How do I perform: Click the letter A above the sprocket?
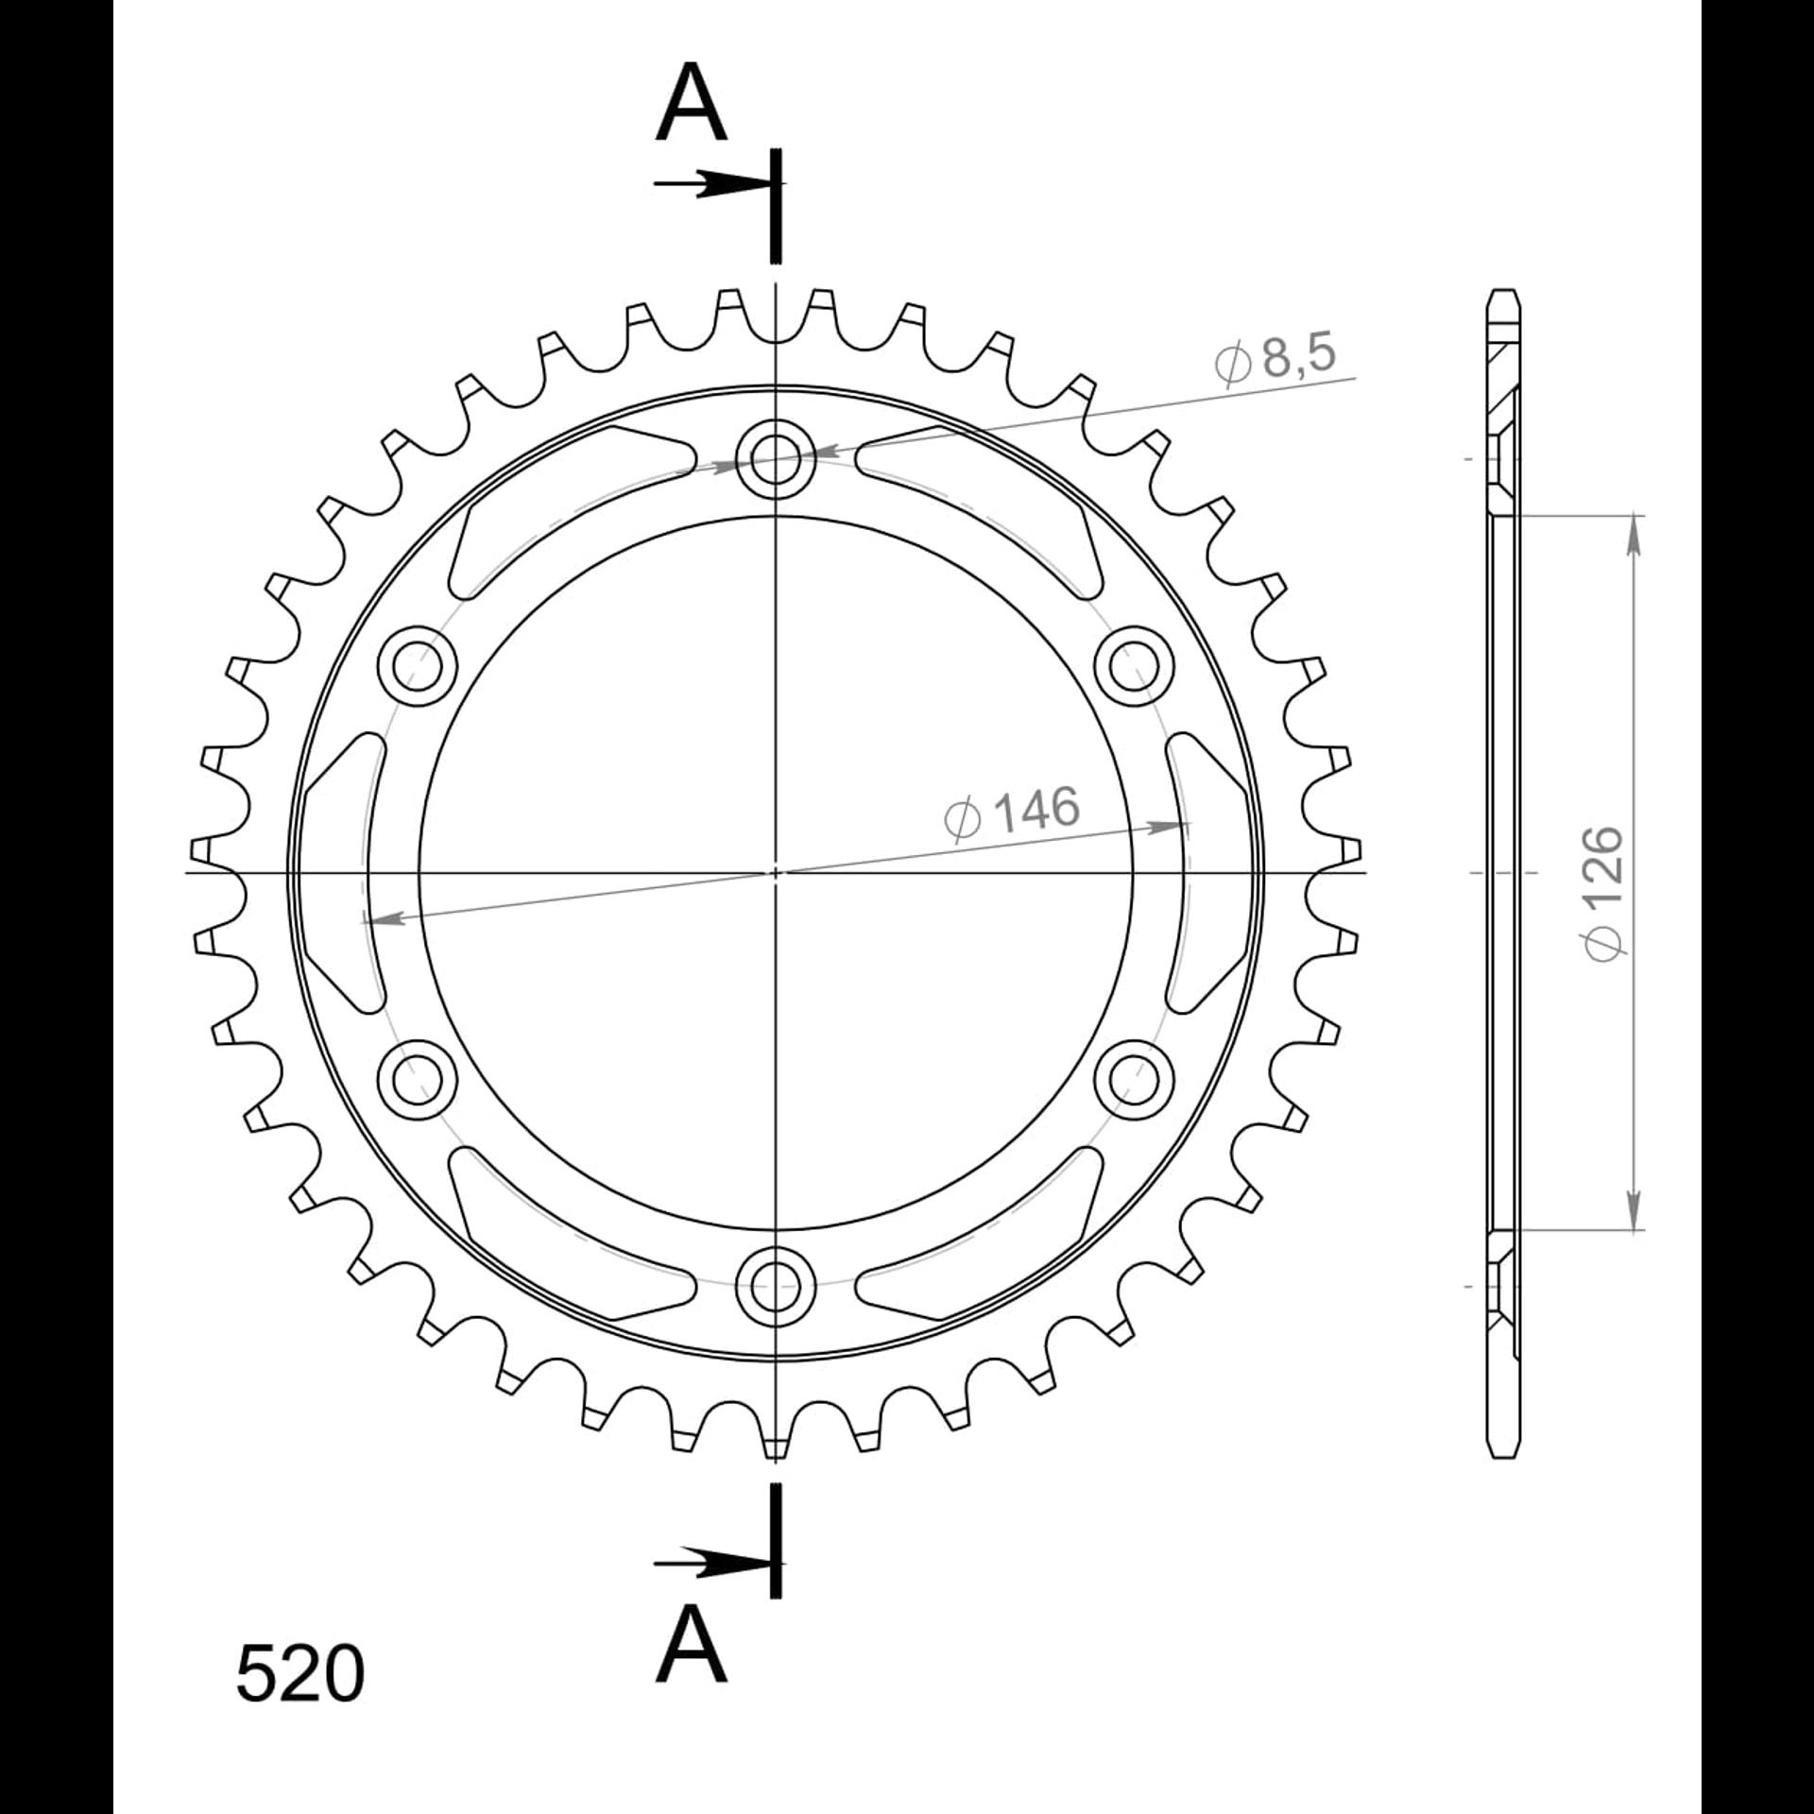coord(691,103)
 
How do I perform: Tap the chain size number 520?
coord(299,1701)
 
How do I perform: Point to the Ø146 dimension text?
coord(1012,812)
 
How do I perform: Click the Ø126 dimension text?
coord(1604,894)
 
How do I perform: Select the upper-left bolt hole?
coord(418,666)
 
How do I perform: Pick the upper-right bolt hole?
coord(1133,666)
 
